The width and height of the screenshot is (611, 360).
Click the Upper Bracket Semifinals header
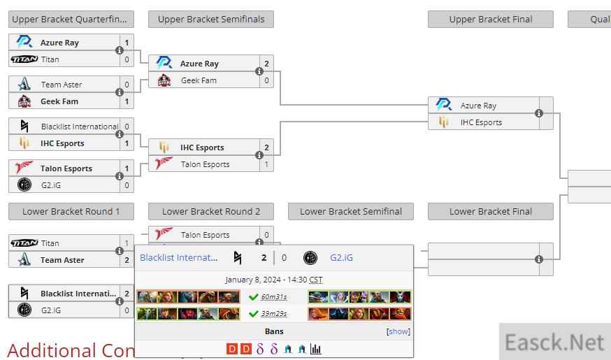(x=210, y=19)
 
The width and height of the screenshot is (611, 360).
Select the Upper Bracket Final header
(x=490, y=19)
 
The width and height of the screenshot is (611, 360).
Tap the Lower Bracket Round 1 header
(x=71, y=211)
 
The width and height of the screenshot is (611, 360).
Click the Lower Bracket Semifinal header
(x=350, y=211)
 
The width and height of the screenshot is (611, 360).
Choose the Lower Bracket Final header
(x=490, y=211)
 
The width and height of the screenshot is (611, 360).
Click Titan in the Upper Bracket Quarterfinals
(x=50, y=59)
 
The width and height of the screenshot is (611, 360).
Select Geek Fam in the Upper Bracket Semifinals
(x=199, y=80)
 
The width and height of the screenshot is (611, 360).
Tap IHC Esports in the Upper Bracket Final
(x=481, y=122)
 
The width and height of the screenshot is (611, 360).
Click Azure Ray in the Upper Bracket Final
(x=478, y=106)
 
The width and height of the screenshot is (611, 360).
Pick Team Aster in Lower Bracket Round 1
(x=62, y=260)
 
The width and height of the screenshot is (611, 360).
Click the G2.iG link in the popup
(x=341, y=257)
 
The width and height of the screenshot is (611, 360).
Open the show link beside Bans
(x=398, y=331)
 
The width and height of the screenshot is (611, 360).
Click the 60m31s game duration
(x=274, y=296)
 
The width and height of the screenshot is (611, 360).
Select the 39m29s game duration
(x=274, y=313)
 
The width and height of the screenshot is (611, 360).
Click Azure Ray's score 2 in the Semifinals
(x=266, y=64)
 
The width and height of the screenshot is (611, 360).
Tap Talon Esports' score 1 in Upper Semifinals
(x=266, y=164)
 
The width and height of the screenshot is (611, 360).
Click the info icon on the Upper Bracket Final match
(x=539, y=113)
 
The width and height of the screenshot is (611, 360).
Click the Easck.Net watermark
(x=554, y=343)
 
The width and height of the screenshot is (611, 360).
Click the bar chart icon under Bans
(x=315, y=349)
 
